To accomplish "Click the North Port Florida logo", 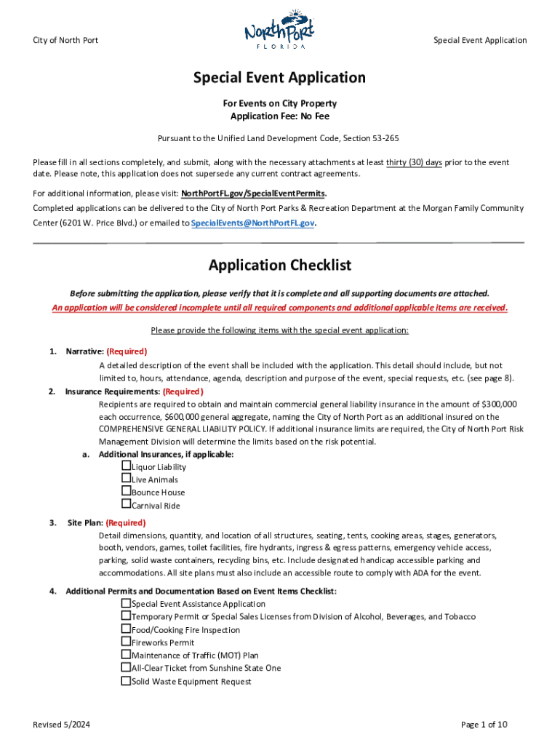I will (x=279, y=33).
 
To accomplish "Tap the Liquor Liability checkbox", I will (x=127, y=466).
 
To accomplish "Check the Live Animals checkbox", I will (x=127, y=479).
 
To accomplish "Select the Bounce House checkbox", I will (x=127, y=491).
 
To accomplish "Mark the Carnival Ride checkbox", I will (x=127, y=504).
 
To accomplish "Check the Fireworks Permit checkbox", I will (x=127, y=642).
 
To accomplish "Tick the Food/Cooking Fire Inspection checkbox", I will (x=127, y=629).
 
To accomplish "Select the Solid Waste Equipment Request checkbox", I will (x=127, y=681).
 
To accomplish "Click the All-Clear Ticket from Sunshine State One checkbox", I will (x=127, y=667).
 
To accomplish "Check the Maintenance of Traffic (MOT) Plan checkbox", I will (x=127, y=655).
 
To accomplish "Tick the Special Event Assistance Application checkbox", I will (x=127, y=603).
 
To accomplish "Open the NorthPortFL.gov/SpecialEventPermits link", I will (x=253, y=193).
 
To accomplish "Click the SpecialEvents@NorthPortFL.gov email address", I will (x=252, y=223).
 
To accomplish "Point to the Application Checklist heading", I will (x=279, y=266).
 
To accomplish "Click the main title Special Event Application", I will (x=279, y=78).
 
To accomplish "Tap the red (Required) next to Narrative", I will (x=127, y=351).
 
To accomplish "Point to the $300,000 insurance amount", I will (x=499, y=404).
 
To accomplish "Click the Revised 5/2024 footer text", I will (x=62, y=725).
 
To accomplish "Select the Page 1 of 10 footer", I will (x=484, y=725).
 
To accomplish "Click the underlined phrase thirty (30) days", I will (x=414, y=162).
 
